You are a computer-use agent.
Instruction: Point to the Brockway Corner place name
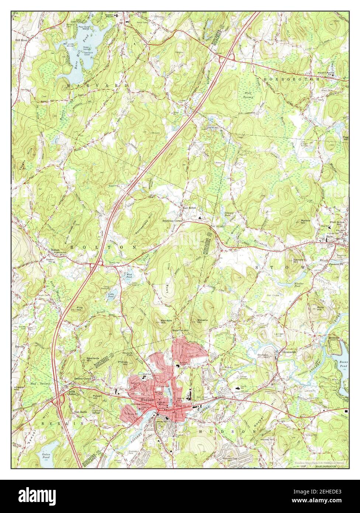tap(173, 221)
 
